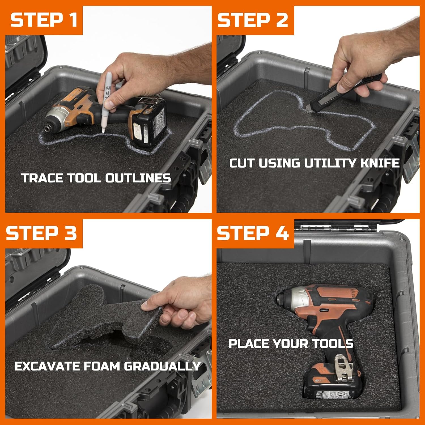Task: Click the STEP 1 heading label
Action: (44, 20)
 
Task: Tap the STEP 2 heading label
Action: (252, 20)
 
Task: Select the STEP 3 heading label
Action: (41, 233)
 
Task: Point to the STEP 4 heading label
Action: (253, 233)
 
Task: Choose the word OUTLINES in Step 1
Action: (138, 178)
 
